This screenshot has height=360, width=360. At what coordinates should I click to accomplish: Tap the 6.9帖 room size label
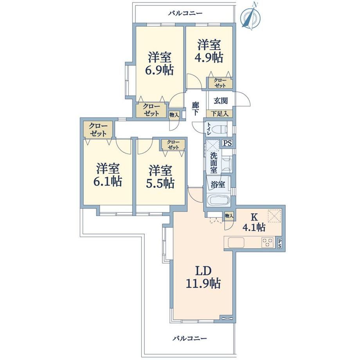coord(159,70)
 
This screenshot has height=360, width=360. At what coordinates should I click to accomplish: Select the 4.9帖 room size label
coord(209,58)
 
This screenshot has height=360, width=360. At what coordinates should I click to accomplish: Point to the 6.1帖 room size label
coord(108,182)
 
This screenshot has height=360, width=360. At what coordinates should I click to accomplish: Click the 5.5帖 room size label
coord(160,184)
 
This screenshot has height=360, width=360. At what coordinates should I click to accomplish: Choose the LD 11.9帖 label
coord(203,277)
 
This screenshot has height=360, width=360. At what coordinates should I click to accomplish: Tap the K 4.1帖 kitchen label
coord(254,222)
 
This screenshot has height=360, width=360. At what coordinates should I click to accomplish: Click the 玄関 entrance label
coord(221,101)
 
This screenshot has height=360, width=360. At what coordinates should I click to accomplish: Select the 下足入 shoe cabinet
coord(220,113)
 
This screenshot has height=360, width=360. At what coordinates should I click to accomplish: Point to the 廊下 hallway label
coord(195,109)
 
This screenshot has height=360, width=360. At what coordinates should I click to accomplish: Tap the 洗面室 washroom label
coord(214,163)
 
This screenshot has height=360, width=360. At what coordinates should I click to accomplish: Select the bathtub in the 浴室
coord(218,200)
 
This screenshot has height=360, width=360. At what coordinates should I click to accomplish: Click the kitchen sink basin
coord(236,243)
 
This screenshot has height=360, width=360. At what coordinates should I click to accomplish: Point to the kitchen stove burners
coord(268,243)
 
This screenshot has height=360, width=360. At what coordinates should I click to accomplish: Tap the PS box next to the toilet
coord(227,143)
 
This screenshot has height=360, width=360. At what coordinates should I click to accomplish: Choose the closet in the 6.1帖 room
coord(98,130)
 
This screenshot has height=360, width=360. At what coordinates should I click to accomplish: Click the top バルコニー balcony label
coord(185,13)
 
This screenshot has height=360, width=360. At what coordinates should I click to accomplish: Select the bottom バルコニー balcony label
coord(190,338)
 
